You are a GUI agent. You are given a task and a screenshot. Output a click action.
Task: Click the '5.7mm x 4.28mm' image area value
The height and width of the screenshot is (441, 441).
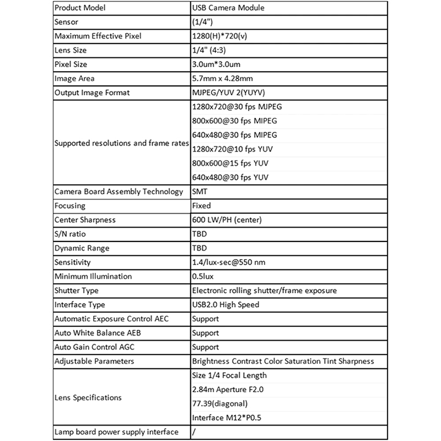pyautogui.click(x=222, y=79)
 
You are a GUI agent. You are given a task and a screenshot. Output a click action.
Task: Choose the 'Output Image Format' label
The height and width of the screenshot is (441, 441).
pyautogui.click(x=92, y=93)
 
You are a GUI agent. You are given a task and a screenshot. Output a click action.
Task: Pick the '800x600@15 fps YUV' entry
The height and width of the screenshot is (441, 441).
pyautogui.click(x=231, y=163)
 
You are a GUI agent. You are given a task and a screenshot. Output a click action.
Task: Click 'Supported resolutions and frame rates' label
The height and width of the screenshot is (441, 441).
pyautogui.click(x=121, y=143)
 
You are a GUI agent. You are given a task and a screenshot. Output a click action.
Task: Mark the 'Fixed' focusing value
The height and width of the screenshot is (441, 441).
pyautogui.click(x=201, y=206)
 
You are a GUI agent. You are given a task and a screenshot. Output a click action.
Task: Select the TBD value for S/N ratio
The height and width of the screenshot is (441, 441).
pyautogui.click(x=200, y=234)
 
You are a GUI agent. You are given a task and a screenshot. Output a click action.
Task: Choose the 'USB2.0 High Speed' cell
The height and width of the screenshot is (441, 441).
pyautogui.click(x=225, y=304)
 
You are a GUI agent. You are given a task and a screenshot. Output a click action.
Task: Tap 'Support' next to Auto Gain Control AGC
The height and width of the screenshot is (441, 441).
pyautogui.click(x=205, y=347)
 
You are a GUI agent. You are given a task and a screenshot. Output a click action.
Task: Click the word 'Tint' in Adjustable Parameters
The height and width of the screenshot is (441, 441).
pyautogui.click(x=325, y=361)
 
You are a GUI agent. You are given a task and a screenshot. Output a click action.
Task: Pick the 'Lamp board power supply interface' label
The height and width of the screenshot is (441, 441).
pyautogui.click(x=116, y=432)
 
